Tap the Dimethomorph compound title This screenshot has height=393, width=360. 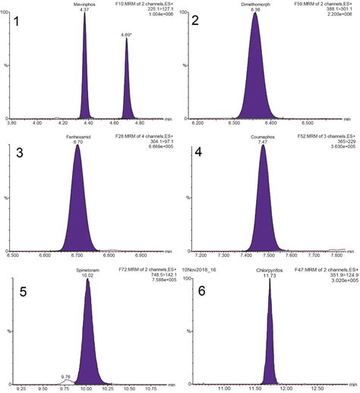point(254,4)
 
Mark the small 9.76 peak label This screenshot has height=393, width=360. point(65,354)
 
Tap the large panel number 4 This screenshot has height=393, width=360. point(198,153)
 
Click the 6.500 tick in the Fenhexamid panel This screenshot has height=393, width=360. point(13,255)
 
